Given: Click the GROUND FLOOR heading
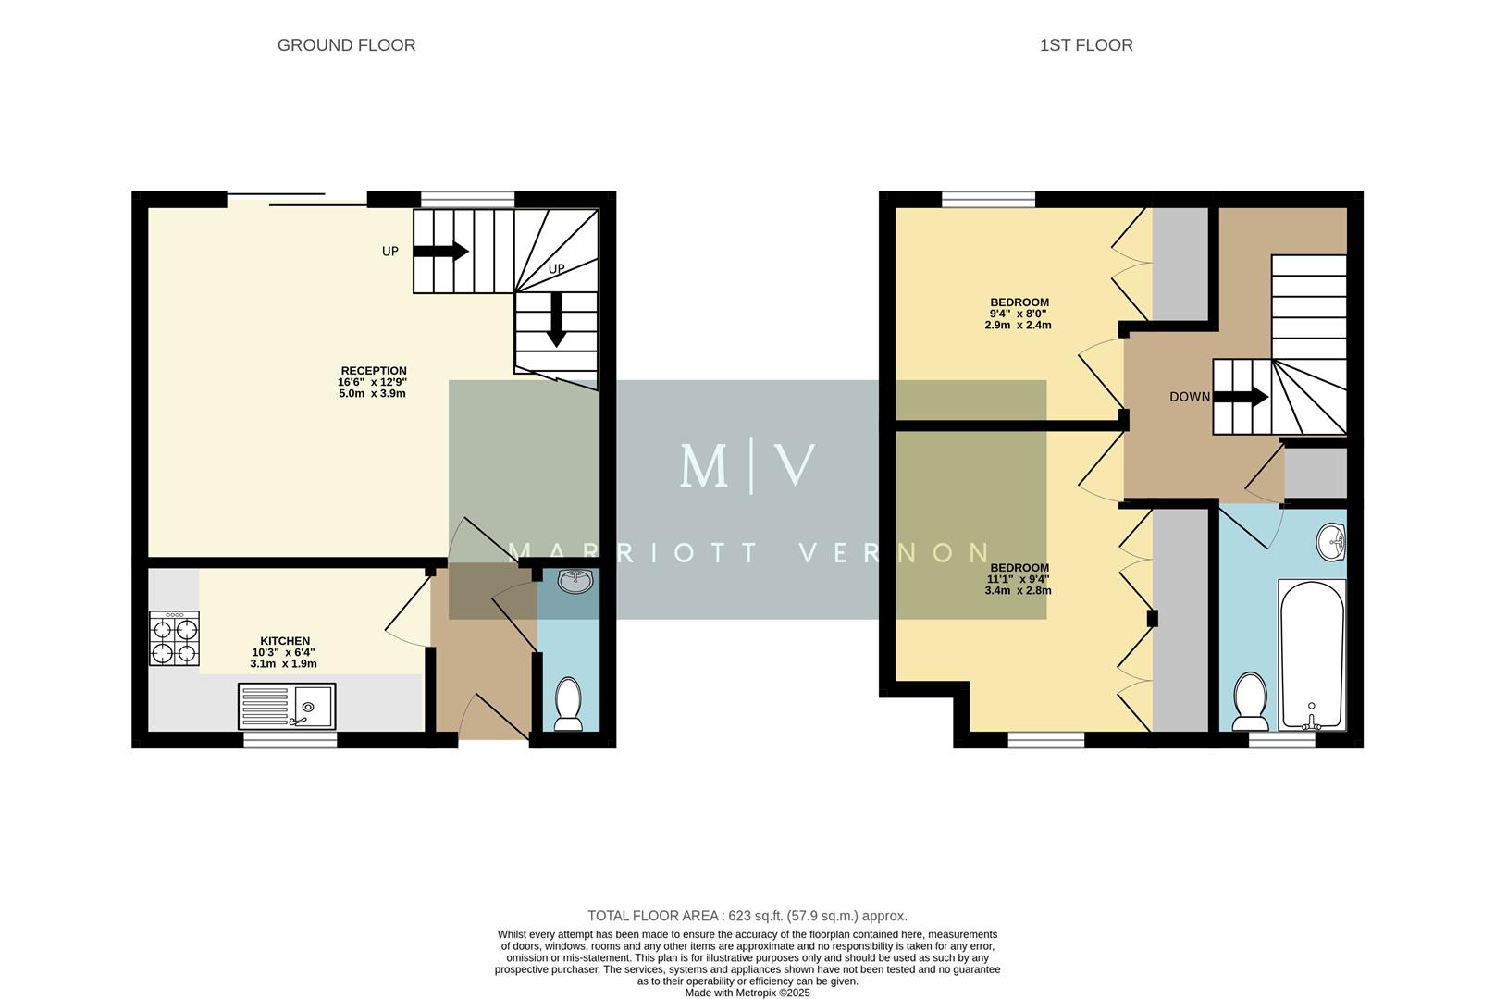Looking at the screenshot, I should pos(346,45).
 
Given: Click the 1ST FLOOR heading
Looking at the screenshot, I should pos(1085,45).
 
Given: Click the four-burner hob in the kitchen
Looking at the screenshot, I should pos(174,639).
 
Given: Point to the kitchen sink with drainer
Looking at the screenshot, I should pos(287,707).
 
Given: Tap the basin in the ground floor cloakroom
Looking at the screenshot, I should pos(575,581).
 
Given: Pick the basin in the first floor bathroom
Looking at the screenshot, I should pos(1331,542).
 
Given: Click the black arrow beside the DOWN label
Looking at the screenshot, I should pos(1241,397).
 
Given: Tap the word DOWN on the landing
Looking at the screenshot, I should pos(1189,397).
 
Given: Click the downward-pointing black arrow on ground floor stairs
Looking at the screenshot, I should pos(555,319).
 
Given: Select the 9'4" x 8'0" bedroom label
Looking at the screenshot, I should pos(1019,314).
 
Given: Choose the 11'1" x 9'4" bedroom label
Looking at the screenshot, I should pos(1019,579).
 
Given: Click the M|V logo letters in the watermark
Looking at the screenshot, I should pos(747,466).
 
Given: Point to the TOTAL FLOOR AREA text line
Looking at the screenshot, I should pos(747,916).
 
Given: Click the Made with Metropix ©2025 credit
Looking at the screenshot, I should pos(747,993).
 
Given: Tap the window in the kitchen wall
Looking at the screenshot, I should pos(290,739).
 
